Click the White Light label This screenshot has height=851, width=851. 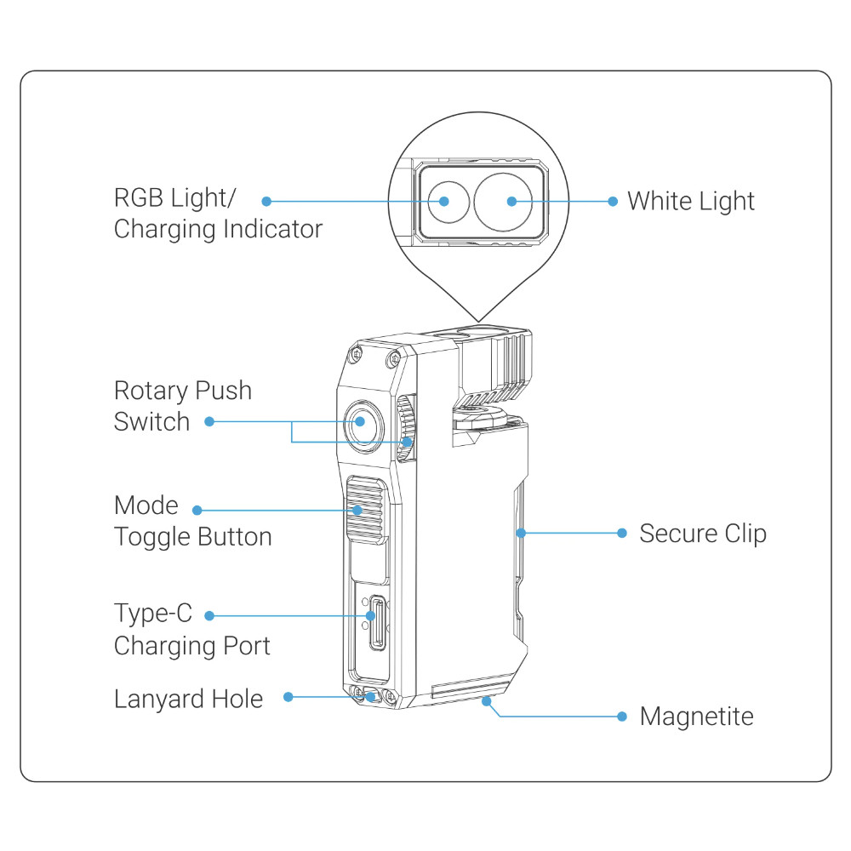690,202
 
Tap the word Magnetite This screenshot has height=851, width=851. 696,717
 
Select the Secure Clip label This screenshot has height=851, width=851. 702,534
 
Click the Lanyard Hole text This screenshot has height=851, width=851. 188,699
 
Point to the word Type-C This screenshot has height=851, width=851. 153,613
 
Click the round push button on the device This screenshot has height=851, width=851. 360,421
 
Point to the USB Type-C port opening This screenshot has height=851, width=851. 372,614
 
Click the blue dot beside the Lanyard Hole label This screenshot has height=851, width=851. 288,696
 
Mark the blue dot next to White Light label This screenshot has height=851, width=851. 613,202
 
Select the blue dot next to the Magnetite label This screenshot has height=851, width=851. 622,717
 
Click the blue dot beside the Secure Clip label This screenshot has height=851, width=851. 622,534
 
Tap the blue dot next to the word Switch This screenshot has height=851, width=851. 209,421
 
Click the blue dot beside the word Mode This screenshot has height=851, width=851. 197,510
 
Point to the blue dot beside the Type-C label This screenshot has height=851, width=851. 210,614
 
